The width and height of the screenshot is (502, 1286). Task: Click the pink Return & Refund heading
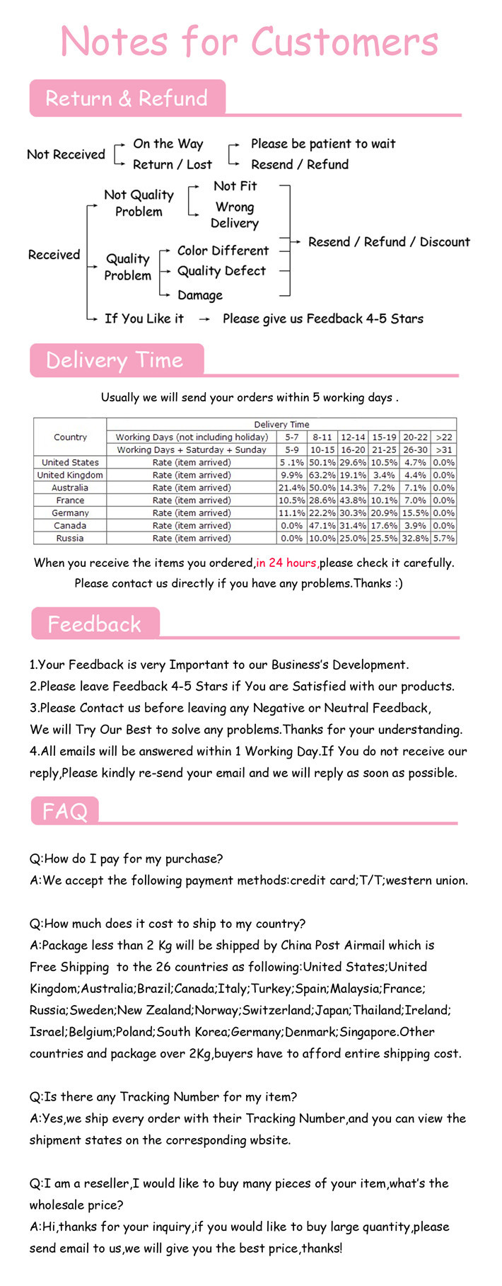[127, 98]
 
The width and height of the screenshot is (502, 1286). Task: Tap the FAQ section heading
[64, 810]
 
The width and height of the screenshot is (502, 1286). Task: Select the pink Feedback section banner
[95, 624]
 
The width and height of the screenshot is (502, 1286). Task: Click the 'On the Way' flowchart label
[168, 144]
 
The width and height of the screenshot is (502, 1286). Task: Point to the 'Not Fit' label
[235, 186]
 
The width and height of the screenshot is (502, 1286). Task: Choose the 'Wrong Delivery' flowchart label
[235, 215]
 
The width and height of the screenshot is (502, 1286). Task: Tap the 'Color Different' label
[223, 251]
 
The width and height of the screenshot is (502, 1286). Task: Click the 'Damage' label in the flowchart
[199, 295]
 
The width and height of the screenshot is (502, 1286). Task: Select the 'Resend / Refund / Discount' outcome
[389, 242]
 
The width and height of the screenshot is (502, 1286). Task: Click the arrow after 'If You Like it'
[204, 319]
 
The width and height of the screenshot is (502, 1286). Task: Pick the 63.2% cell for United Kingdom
[322, 475]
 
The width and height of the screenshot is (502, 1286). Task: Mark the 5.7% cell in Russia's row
[444, 538]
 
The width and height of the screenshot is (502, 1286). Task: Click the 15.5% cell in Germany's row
[415, 513]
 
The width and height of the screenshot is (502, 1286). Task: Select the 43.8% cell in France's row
[353, 500]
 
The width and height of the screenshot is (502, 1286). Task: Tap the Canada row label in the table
[70, 526]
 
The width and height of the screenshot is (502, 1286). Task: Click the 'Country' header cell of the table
[70, 437]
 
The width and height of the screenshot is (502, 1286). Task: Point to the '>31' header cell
[444, 449]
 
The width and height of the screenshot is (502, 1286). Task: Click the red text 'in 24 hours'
[286, 563]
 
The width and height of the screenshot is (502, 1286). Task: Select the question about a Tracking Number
[163, 1097]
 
